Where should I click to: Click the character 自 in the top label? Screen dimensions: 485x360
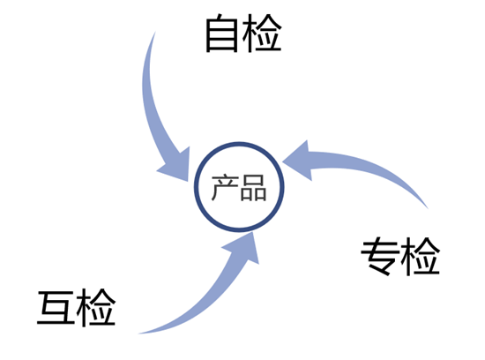221,34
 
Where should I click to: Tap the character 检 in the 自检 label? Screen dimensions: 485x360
262,34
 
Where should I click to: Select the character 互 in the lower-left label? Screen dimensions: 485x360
56,308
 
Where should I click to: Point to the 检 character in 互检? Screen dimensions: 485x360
96,308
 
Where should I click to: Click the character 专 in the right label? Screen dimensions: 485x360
380,256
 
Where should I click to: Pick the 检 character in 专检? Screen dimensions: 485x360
421,256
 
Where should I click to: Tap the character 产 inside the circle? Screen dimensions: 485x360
225,187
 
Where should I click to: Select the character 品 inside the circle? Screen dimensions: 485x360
253,188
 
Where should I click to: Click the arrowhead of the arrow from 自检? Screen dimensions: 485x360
176,166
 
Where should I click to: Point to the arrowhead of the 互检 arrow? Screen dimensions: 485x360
244,248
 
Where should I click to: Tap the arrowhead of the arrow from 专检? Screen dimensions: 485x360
297,161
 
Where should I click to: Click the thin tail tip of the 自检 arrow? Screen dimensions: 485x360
155,32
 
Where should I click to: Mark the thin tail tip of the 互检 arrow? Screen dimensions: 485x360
138,334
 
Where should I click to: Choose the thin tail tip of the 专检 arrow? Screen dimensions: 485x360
428,208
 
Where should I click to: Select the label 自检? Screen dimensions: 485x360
243,34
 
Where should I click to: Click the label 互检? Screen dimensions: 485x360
77,308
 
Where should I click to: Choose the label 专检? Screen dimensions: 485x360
400,256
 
